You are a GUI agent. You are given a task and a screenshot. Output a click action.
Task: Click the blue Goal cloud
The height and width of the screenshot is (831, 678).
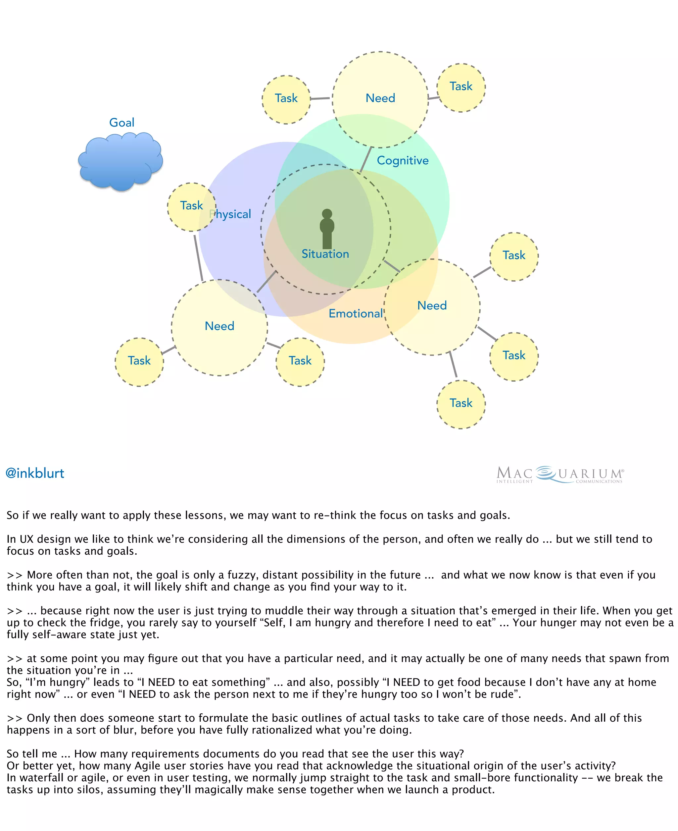point(120,161)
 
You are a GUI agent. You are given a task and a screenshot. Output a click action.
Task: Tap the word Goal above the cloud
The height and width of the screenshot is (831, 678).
point(121,122)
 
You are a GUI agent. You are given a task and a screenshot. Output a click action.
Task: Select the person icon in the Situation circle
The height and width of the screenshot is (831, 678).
point(327,229)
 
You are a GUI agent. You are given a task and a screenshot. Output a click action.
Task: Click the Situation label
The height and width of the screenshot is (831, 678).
point(325,254)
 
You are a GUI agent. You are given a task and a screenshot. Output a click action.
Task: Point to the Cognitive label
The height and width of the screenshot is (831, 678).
point(403,160)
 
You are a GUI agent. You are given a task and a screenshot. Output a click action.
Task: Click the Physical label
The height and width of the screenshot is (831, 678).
point(231,214)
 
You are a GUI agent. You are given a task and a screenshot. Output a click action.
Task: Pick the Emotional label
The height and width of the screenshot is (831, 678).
point(356,313)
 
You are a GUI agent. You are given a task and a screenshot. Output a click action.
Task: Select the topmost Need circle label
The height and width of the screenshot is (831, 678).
point(380,98)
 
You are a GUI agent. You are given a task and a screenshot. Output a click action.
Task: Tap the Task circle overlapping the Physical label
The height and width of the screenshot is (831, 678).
point(191,206)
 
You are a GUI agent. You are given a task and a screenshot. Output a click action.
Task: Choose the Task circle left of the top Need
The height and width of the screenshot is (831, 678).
point(286,99)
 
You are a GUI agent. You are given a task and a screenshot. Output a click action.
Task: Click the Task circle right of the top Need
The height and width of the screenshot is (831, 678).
point(461,87)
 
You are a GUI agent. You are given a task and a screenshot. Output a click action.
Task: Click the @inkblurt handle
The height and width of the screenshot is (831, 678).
point(35,473)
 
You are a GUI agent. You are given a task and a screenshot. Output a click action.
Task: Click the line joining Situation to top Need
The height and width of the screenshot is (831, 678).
point(365,159)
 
